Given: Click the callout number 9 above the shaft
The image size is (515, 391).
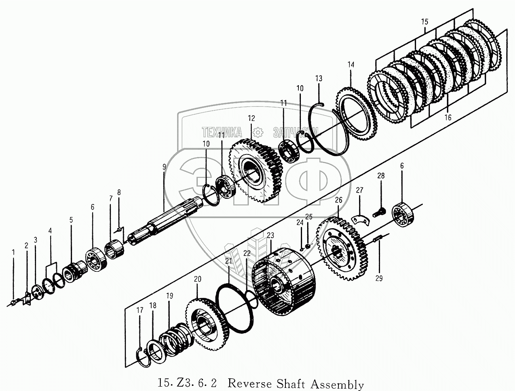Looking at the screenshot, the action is tap(164, 167).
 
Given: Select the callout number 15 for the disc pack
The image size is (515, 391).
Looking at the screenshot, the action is tap(425, 22).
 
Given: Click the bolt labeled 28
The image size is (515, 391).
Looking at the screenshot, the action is tap(379, 211).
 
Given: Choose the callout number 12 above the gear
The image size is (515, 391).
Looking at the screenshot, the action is tap(251, 118).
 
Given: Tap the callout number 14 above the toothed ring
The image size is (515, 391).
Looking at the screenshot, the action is tap(351, 65).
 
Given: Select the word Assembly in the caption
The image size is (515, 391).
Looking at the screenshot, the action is tap(337, 384).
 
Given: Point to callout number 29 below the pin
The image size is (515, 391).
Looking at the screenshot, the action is tap(379, 278).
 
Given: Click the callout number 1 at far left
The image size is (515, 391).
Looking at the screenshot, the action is tap(13, 252).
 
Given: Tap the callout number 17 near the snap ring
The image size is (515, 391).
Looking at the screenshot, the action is tap(140, 310).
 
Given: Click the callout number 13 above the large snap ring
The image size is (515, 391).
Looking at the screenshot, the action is tap(319, 78).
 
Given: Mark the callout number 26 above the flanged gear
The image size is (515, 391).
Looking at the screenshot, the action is tap(338, 200).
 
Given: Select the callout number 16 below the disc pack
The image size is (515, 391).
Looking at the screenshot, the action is tap(448, 117).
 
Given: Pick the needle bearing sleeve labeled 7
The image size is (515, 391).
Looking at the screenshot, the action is tap(114, 251).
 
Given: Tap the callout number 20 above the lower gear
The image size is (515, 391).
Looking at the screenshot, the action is tap(198, 279).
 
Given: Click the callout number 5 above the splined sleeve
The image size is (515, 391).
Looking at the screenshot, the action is tap(71, 220).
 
